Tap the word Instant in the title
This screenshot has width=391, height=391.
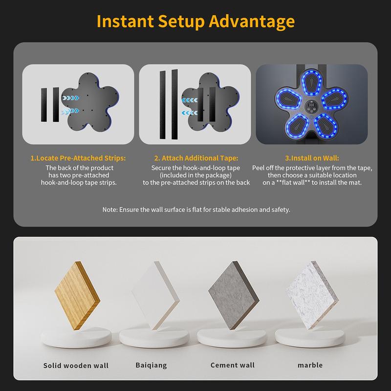(120, 22)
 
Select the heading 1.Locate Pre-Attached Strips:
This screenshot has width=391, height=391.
(78, 159)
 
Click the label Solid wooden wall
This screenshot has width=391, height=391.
(76, 365)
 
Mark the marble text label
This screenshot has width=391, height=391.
(310, 365)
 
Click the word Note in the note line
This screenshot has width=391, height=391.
(110, 209)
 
